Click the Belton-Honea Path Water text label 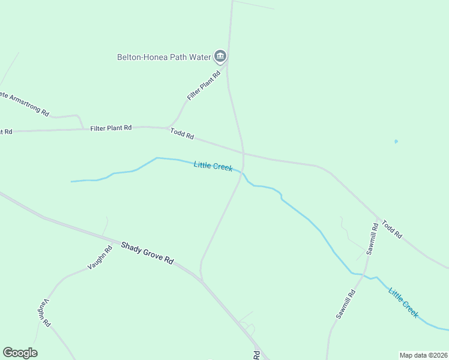pyautogui.click(x=164, y=58)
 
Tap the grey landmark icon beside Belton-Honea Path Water pyautogui.click(x=220, y=57)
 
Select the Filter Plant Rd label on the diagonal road pyautogui.click(x=204, y=85)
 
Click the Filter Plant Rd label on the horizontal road pyautogui.click(x=111, y=128)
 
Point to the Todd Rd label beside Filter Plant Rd pyautogui.click(x=182, y=134)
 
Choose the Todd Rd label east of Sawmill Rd pyautogui.click(x=391, y=229)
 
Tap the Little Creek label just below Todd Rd pyautogui.click(x=213, y=166)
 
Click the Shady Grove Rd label pyautogui.click(x=147, y=254)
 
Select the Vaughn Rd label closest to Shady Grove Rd pyautogui.click(x=100, y=257)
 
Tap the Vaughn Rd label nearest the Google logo pyautogui.click(x=45, y=313)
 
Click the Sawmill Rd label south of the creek pyautogui.click(x=346, y=304)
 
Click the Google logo pyautogui.click(x=20, y=353)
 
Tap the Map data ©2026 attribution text pyautogui.click(x=423, y=355)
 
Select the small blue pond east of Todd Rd pyautogui.click(x=396, y=142)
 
